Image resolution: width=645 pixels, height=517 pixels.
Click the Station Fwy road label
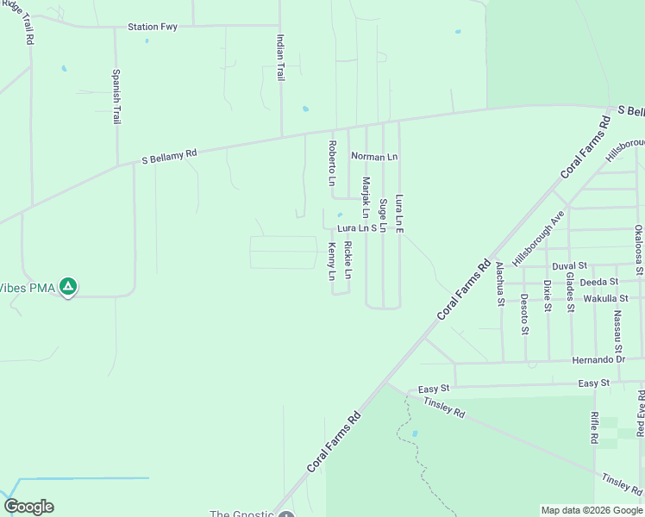(153, 27)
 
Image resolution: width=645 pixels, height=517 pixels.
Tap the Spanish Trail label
(116, 97)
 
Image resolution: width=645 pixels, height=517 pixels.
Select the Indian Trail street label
(279, 58)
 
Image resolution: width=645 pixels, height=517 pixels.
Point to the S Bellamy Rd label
(169, 157)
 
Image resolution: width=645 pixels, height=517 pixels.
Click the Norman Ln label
(373, 157)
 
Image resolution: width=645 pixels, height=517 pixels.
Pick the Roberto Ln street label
(330, 163)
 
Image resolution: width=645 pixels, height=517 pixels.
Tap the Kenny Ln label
(331, 262)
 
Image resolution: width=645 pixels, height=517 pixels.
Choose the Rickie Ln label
(348, 259)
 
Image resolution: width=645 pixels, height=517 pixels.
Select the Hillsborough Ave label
(537, 237)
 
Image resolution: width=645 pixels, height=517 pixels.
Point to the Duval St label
(569, 266)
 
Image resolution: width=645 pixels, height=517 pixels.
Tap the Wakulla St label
(605, 298)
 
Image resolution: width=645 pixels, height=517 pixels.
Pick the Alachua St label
(499, 284)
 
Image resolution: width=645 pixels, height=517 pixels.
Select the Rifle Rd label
(594, 427)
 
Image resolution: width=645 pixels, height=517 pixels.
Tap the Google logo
(28, 507)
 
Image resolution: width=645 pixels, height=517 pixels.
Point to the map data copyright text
(592, 510)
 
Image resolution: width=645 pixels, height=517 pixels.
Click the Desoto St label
(523, 314)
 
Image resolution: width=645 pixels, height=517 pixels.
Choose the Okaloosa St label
(637, 250)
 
